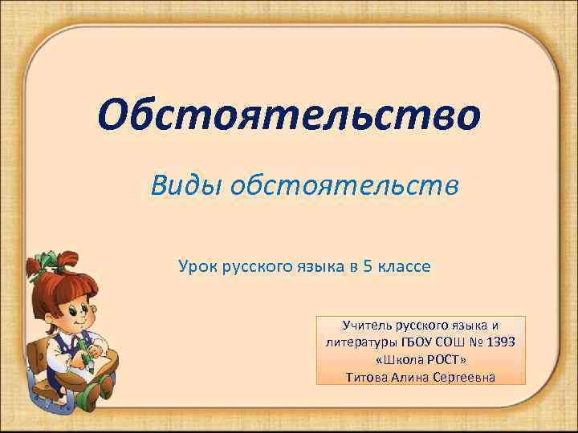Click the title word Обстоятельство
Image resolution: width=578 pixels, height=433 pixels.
(289, 118)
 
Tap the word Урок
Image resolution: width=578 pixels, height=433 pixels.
(197, 265)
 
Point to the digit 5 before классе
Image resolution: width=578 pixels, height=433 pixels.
(368, 265)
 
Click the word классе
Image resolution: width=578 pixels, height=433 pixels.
(405, 265)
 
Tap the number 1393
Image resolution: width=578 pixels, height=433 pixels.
(499, 342)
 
